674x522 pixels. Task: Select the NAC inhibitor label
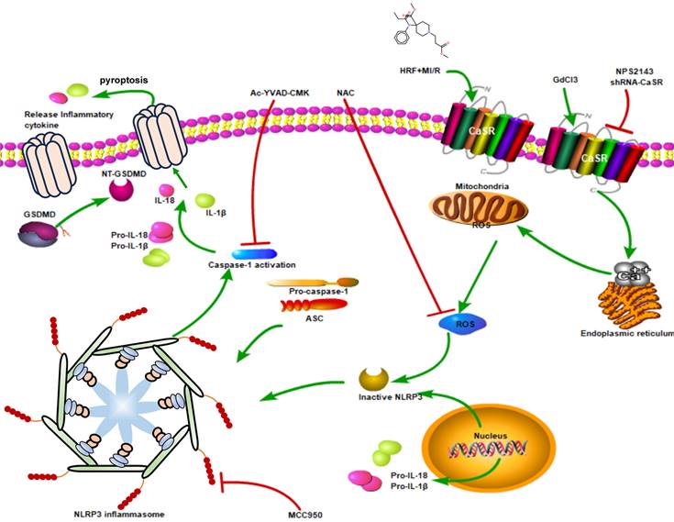click(347, 93)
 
